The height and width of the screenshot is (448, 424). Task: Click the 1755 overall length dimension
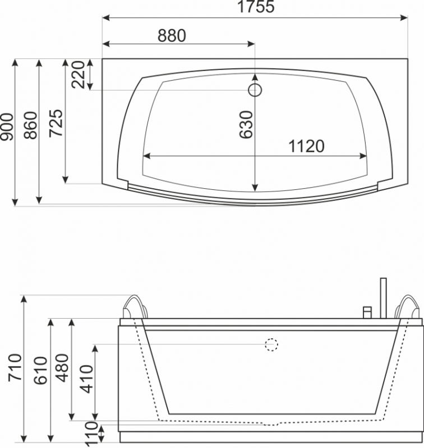[x=256, y=6]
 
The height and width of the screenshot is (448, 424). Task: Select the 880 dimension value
[x=172, y=36]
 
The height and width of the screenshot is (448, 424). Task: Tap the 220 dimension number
[x=79, y=74]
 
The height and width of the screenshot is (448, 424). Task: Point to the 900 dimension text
[x=7, y=127]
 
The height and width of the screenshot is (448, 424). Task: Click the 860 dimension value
[x=31, y=125]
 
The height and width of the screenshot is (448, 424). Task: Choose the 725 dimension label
[x=56, y=123]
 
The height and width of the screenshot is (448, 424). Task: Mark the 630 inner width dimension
[x=246, y=125]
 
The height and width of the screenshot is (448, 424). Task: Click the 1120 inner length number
[x=306, y=146]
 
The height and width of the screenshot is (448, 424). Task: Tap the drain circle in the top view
[x=255, y=90]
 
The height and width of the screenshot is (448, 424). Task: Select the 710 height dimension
[x=15, y=367]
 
